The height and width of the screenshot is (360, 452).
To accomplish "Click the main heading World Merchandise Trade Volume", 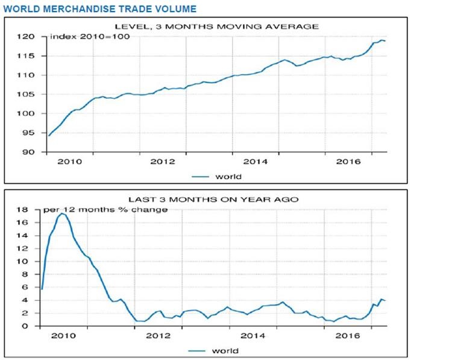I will [x=99, y=8].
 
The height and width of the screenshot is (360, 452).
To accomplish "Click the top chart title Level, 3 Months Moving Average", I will [x=216, y=26].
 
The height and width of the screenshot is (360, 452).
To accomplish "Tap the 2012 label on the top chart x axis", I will [x=162, y=162].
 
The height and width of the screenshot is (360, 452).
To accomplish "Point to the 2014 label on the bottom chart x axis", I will [x=254, y=336].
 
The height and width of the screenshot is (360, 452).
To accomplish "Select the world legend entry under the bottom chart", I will [x=217, y=350].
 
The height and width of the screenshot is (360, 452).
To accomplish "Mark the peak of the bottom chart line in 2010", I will [x=61, y=213].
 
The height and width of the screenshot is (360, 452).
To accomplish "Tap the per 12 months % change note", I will [x=105, y=210].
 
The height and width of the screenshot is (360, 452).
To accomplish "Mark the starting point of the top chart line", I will [x=49, y=136].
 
